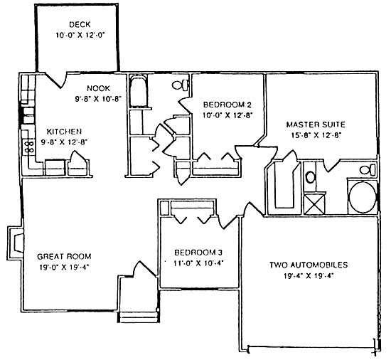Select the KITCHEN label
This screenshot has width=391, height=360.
(64, 132)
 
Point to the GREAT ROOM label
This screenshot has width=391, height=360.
(64, 256)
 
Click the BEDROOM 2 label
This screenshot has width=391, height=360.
(227, 105)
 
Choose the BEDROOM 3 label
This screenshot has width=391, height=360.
(198, 253)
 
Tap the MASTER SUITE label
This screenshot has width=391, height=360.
(316, 125)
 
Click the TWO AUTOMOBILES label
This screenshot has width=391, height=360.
(309, 265)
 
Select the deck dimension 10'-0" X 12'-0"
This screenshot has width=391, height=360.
(80, 35)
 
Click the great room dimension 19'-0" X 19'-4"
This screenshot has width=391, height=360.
(64, 268)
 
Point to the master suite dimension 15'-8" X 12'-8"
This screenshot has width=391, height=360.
(316, 135)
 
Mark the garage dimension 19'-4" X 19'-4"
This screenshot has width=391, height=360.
(309, 276)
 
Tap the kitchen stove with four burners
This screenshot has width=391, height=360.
(28, 147)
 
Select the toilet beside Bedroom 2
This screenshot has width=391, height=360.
(181, 85)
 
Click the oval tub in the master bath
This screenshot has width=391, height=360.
(363, 197)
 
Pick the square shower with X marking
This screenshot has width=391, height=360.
(315, 204)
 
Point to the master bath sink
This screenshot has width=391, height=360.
(311, 177)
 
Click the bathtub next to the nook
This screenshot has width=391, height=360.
(138, 91)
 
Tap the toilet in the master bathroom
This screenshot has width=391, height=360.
(368, 170)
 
